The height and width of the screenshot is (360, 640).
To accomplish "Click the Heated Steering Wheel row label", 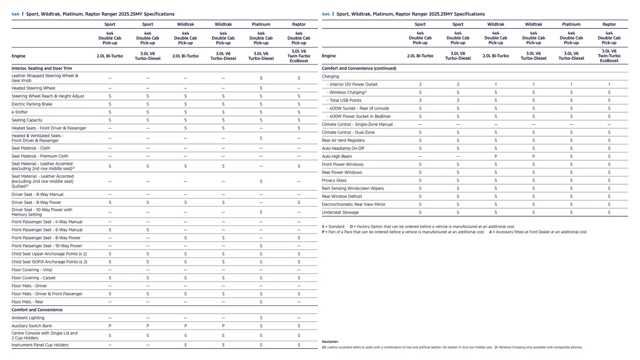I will [x=33, y=88].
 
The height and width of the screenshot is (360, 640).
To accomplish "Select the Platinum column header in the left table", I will [x=261, y=24].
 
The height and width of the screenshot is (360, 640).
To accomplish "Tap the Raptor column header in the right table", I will [x=609, y=24].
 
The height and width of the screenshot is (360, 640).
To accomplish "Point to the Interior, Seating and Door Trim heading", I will [x=42, y=68].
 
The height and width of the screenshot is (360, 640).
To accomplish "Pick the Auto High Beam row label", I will [x=337, y=156].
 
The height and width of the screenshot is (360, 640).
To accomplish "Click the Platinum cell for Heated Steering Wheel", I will [x=261, y=88].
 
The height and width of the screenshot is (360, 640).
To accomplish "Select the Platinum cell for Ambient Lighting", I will [x=261, y=318].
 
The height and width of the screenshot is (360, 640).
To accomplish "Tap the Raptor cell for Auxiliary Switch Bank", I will [x=299, y=326].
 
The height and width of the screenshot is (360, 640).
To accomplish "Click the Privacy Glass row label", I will [x=334, y=180].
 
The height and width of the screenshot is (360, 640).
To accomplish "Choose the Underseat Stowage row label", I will [x=340, y=212].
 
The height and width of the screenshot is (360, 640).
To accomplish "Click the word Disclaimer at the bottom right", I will [x=330, y=342].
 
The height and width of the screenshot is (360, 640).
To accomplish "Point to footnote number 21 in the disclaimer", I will [x=496, y=347].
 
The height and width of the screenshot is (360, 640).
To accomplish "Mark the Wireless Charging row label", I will [x=347, y=92].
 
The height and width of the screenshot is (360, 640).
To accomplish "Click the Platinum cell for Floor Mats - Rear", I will [x=261, y=302].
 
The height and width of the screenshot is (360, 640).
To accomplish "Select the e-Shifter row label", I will [x=20, y=112].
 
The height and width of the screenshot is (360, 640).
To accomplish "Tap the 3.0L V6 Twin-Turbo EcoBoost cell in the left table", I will [x=299, y=56].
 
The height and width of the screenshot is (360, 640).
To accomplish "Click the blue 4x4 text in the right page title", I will [x=325, y=14].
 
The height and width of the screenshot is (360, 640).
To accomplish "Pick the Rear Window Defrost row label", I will [x=342, y=196].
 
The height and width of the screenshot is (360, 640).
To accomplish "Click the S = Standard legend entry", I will [x=333, y=227].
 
